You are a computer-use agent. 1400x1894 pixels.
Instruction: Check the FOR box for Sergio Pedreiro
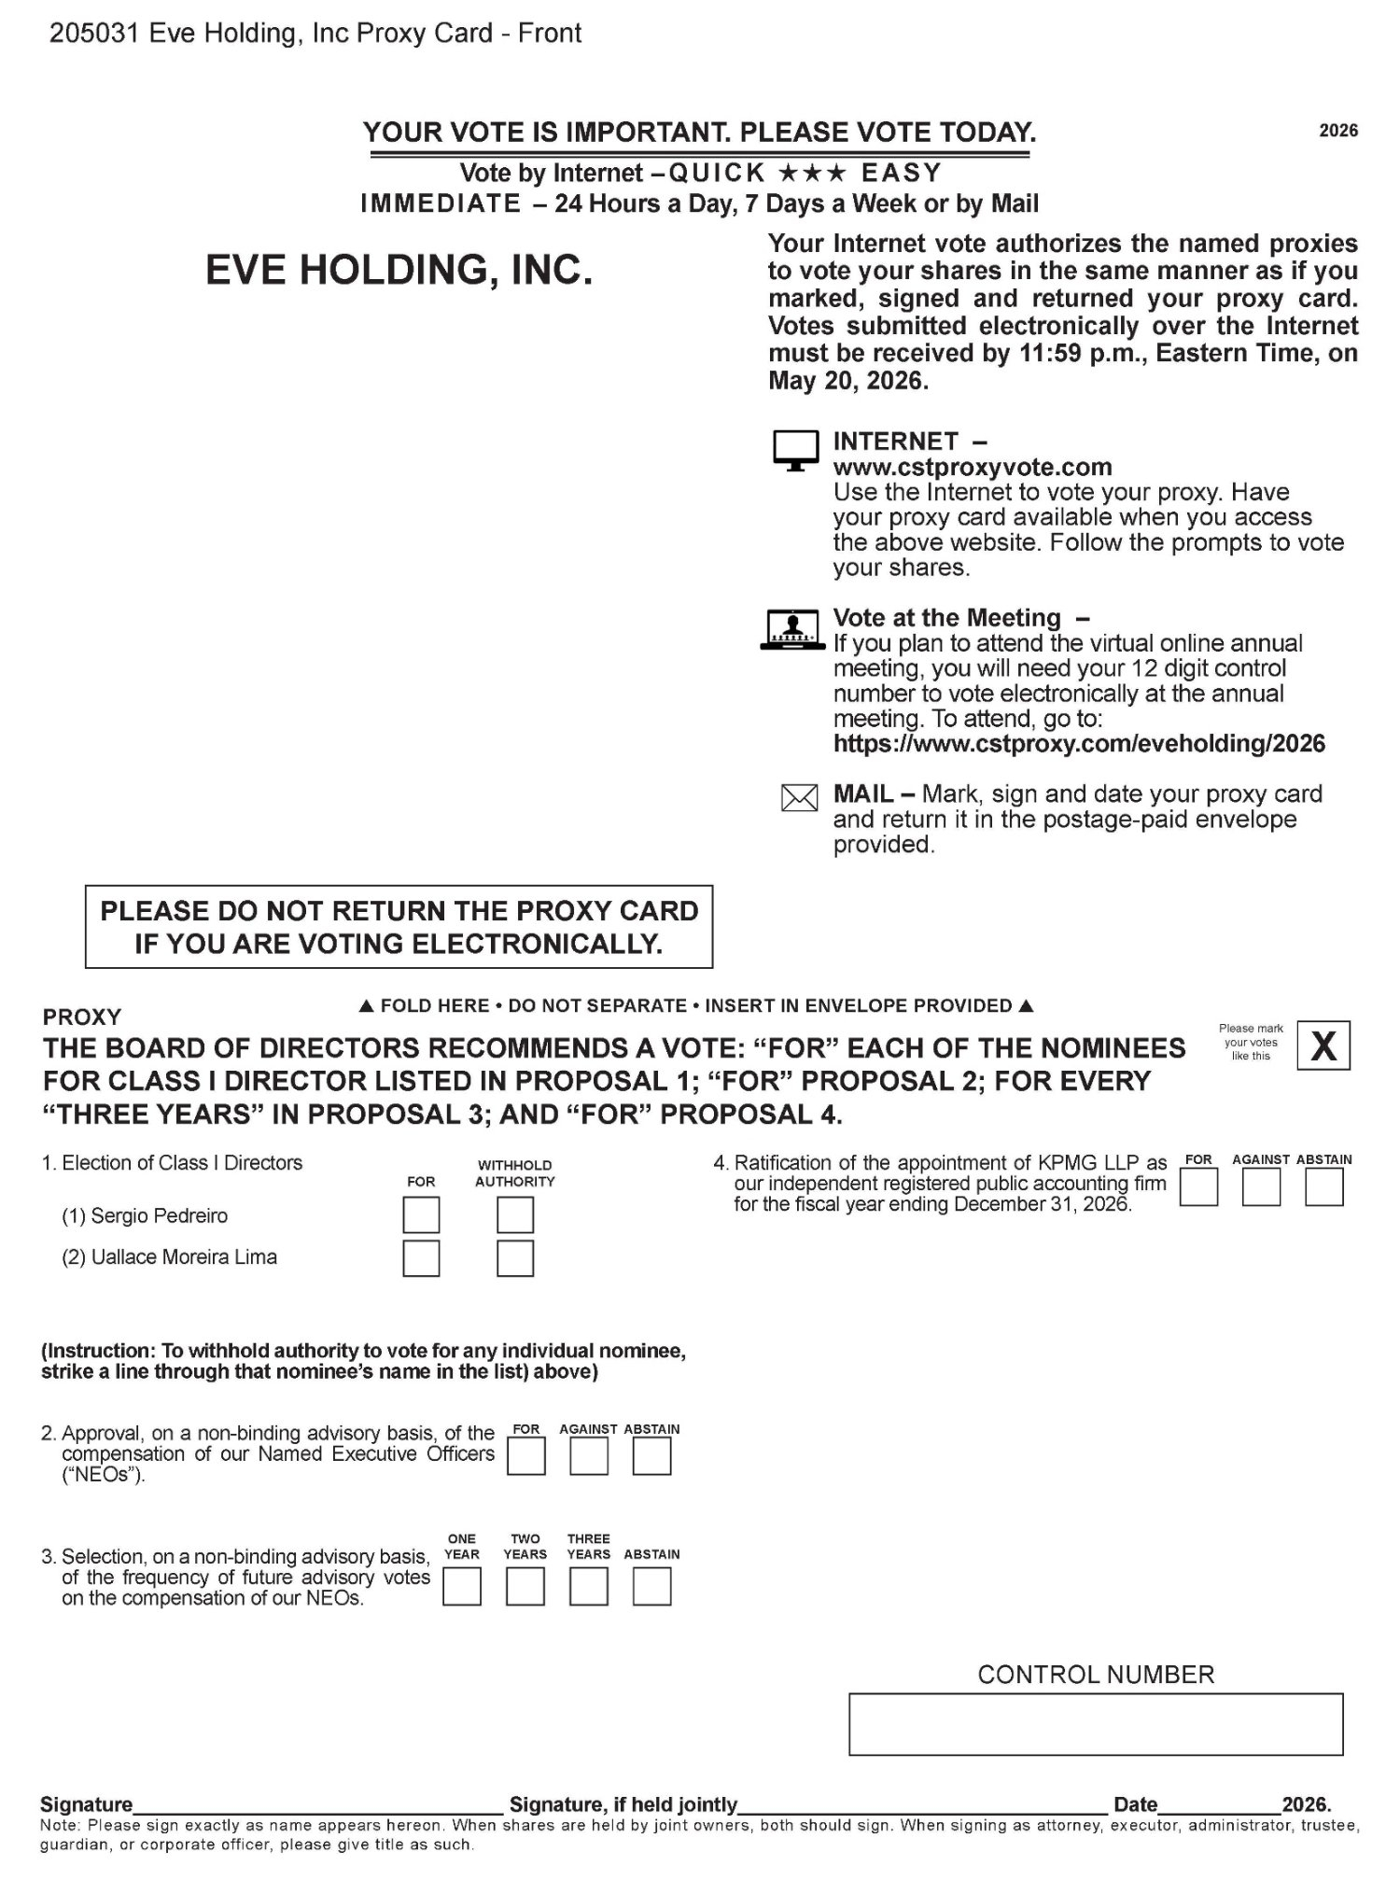(421, 1215)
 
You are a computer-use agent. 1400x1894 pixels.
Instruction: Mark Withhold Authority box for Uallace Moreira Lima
(515, 1258)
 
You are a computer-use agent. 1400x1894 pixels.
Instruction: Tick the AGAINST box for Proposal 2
(589, 1456)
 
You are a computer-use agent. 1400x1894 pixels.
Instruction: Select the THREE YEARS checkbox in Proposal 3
(589, 1587)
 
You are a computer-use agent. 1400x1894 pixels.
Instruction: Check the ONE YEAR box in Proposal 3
(462, 1587)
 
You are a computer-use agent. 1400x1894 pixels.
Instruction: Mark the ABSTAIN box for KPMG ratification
(1324, 1187)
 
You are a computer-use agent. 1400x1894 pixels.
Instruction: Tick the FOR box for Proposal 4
(1198, 1187)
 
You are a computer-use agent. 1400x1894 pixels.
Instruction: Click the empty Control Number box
(1096, 1724)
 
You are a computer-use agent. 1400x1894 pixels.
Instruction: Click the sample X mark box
(1323, 1046)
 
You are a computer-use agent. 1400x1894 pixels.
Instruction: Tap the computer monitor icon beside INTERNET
(795, 451)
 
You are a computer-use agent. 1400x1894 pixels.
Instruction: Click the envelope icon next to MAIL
(799, 798)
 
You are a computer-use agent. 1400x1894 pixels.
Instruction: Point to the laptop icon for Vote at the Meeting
(793, 630)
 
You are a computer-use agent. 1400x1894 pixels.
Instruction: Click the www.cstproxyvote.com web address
(973, 467)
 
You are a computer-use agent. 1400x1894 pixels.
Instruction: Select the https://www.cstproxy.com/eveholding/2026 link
(1079, 744)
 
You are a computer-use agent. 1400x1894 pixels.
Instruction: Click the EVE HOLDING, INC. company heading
(399, 271)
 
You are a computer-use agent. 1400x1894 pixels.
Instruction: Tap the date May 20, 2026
(848, 381)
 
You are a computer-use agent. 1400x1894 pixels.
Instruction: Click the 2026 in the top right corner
(1338, 131)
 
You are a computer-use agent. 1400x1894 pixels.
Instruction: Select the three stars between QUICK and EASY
(813, 174)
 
